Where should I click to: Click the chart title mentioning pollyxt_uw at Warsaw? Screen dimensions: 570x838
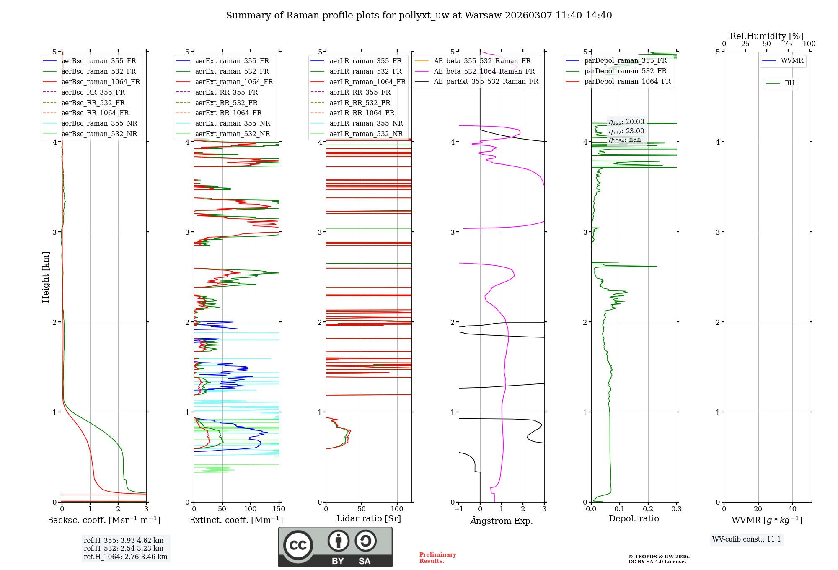pyautogui.click(x=419, y=16)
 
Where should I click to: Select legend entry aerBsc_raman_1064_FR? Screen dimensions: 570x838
pyautogui.click(x=101, y=82)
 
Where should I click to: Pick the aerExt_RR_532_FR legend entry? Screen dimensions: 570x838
pyautogui.click(x=226, y=103)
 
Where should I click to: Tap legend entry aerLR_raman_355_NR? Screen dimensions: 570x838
pyautogui.click(x=366, y=123)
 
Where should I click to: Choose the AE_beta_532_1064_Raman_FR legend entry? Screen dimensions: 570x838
pyautogui.click(x=484, y=71)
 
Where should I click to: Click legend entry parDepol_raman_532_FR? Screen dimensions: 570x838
pyautogui.click(x=625, y=71)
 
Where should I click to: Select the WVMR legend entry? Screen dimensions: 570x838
pyautogui.click(x=792, y=61)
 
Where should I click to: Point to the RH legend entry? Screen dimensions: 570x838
pyautogui.click(x=789, y=83)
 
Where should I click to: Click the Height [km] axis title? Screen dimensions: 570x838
pyautogui.click(x=46, y=277)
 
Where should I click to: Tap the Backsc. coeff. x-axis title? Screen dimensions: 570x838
pyautogui.click(x=103, y=520)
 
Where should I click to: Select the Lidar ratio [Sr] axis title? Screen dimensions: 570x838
pyautogui.click(x=368, y=518)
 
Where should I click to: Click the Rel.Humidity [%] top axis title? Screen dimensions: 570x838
pyautogui.click(x=766, y=36)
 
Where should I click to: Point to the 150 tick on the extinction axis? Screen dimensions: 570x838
pyautogui.click(x=279, y=509)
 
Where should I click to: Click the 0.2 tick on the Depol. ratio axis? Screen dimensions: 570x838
pyautogui.click(x=648, y=509)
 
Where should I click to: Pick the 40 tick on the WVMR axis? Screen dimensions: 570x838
pyautogui.click(x=792, y=509)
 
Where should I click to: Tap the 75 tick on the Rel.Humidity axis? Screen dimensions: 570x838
pyautogui.click(x=788, y=44)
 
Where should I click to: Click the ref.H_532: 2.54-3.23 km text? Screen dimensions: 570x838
pyautogui.click(x=124, y=548)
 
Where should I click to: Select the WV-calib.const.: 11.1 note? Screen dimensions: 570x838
pyautogui.click(x=747, y=539)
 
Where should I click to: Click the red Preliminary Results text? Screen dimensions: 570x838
pyautogui.click(x=437, y=558)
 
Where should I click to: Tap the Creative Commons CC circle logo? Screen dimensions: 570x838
pyautogui.click(x=298, y=545)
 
